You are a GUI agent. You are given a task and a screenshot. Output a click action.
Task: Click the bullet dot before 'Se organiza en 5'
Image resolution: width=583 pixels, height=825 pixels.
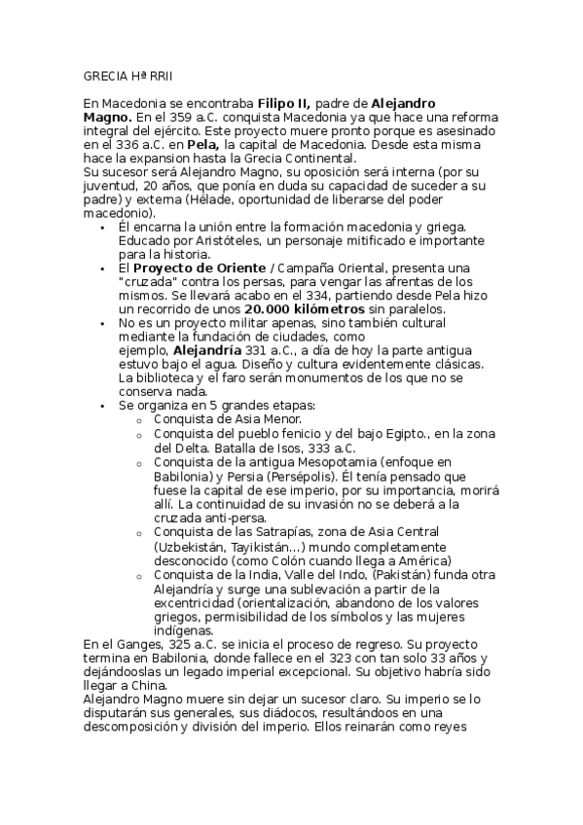[x=104, y=405]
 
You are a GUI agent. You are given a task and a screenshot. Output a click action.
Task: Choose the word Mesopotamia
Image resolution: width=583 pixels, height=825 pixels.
[x=327, y=463]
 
